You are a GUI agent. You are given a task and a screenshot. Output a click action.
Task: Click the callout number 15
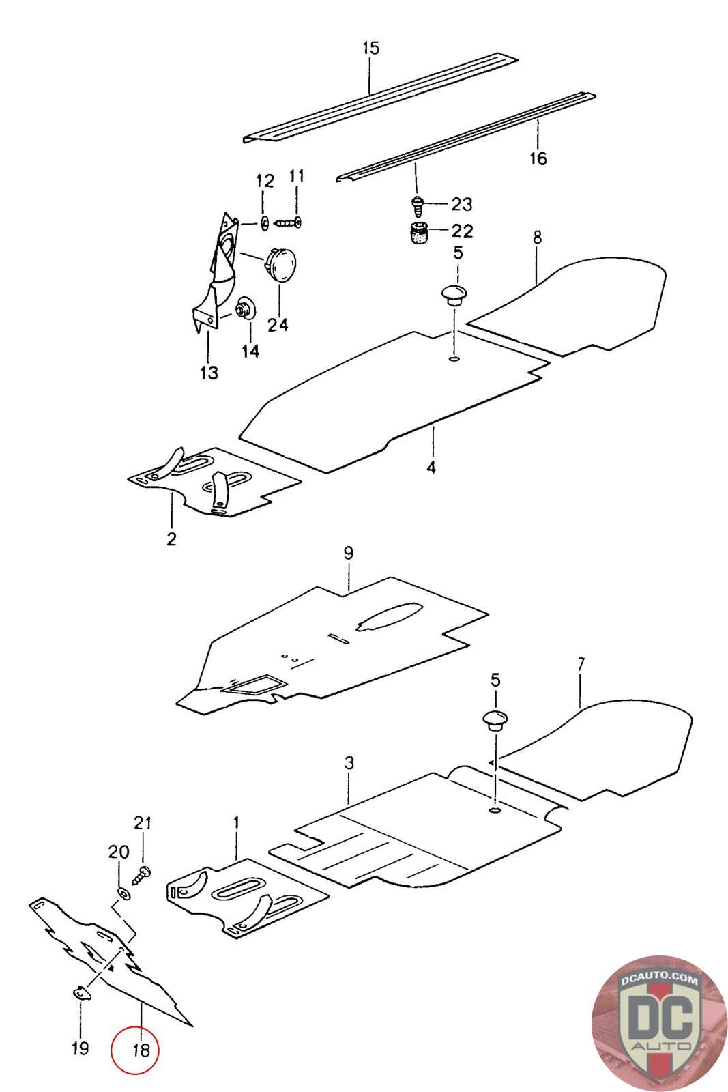[x=370, y=48]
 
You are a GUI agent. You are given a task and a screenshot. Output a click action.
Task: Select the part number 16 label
[x=538, y=158]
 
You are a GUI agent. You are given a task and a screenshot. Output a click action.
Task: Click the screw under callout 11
[x=287, y=223]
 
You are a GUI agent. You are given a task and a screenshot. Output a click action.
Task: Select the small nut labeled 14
[x=246, y=309]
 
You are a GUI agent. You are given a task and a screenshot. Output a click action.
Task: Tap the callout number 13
[x=209, y=373]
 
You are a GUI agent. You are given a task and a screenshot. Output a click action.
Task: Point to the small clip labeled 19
[x=81, y=993]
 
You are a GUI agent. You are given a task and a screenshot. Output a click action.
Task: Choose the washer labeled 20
[x=123, y=894]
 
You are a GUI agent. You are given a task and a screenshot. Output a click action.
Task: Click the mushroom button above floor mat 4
[x=453, y=294]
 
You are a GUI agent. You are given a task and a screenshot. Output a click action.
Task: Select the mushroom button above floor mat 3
[x=495, y=719]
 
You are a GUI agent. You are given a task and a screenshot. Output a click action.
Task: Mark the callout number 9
[x=348, y=554]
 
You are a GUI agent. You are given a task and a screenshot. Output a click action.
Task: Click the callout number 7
[x=581, y=665]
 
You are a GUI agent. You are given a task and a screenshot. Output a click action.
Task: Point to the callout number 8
[x=537, y=238]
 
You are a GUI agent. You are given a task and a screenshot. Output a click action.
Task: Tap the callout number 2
[x=171, y=539]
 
